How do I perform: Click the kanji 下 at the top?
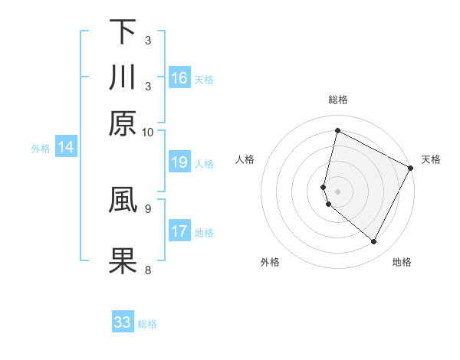[122, 32]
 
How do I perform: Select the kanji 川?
[122, 77]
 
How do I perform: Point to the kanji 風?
[122, 198]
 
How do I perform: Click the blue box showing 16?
[179, 78]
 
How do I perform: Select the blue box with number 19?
[179, 162]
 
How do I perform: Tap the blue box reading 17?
[179, 231]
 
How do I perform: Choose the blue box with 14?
[66, 148]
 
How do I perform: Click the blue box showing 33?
[123, 322]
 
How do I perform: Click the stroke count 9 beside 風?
[147, 207]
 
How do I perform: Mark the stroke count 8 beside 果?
[147, 269]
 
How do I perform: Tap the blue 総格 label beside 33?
[147, 324]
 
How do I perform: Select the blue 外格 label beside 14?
[41, 149]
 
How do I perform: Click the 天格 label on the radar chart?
[431, 159]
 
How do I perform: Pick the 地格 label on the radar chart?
[402, 262]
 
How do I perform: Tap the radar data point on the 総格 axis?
[337, 131]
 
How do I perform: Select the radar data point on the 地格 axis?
[373, 242]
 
